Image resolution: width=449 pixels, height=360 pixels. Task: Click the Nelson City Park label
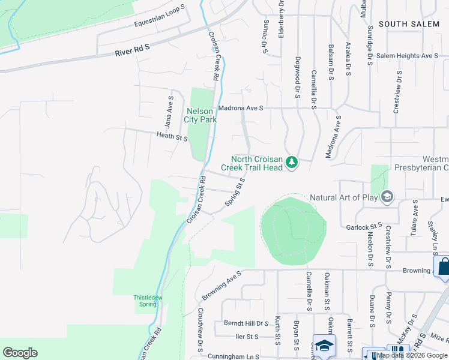(200, 115)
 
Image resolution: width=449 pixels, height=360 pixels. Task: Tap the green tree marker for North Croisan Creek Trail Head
(292, 163)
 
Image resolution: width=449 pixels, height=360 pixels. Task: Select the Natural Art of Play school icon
(387, 197)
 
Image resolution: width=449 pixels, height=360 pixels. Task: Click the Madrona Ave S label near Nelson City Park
(241, 108)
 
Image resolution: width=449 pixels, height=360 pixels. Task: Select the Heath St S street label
(172, 137)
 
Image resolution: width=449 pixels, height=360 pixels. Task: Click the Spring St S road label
(235, 191)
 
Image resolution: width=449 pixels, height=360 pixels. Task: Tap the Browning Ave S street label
(221, 285)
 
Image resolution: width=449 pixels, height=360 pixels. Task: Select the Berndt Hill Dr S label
(246, 323)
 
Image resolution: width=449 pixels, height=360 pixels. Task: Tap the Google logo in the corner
(20, 353)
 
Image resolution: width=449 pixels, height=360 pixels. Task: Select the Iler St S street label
(247, 337)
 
